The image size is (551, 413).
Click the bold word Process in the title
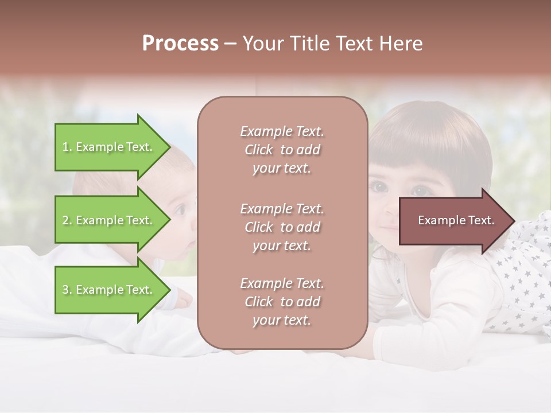point(180,44)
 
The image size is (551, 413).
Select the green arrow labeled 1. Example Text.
point(109,147)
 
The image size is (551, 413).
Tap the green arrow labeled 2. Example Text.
point(109,220)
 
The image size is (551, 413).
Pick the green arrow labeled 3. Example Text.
point(109,290)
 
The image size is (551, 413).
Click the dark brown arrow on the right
point(453,220)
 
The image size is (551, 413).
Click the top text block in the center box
point(282,150)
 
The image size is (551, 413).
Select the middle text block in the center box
point(282,227)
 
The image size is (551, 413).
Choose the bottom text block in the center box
point(282,302)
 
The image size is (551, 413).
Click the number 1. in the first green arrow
point(67,147)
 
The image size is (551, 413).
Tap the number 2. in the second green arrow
point(67,220)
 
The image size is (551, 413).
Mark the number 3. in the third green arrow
point(67,290)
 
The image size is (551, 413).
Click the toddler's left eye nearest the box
point(379,186)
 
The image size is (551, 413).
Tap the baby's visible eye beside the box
point(180,210)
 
